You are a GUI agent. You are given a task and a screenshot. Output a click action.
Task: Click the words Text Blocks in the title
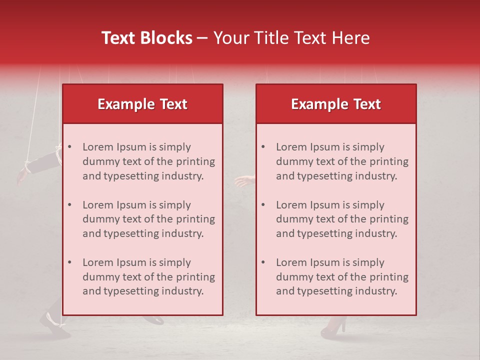[x=147, y=38]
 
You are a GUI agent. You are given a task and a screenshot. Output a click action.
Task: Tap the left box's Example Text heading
[x=142, y=104]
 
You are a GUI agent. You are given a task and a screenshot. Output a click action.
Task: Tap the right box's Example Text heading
[x=336, y=104]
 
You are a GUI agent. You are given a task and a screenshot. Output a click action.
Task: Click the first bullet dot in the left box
[x=70, y=147]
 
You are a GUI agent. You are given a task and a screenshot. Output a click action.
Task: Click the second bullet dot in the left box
[x=70, y=205]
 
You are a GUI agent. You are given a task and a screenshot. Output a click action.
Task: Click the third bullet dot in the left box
[x=70, y=262]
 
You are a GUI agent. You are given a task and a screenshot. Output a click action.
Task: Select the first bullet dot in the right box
[x=263, y=147]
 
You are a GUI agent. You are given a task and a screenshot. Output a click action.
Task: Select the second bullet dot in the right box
[x=263, y=205]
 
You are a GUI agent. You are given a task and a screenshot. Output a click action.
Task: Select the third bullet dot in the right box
[x=263, y=262]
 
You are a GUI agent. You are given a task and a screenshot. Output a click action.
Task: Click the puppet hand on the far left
[x=22, y=175]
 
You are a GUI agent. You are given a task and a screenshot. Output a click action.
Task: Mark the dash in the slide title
[x=202, y=38]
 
